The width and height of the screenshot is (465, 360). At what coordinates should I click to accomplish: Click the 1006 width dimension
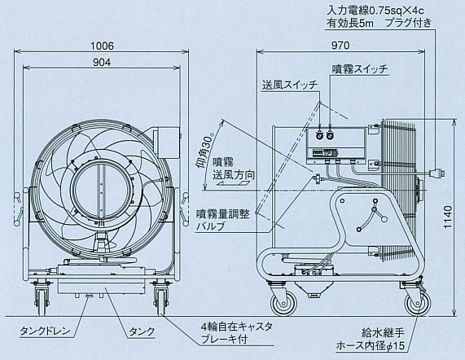coord(102,46)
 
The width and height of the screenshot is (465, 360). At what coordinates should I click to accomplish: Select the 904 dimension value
coord(102,62)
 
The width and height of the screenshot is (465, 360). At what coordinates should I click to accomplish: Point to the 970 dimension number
coord(340,46)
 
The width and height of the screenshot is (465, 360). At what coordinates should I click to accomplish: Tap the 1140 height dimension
coord(448,217)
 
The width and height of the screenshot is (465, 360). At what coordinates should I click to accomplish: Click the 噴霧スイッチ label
coord(359,69)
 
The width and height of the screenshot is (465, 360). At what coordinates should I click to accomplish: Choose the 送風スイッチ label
coord(290,85)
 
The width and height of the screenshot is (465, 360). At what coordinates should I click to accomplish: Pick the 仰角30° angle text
coord(205,151)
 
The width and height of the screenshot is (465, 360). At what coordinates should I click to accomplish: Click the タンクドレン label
coord(45,331)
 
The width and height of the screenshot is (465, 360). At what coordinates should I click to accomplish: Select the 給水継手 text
coord(383,332)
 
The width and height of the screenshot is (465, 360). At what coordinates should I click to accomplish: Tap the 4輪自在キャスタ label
coord(237,327)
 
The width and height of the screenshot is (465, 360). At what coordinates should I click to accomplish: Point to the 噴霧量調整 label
coord(223,213)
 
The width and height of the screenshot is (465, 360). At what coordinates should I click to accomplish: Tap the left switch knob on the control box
coord(319,135)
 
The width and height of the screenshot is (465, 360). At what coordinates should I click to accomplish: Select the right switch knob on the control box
coord(330,135)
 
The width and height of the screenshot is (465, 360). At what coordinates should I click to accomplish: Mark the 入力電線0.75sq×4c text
coord(375,11)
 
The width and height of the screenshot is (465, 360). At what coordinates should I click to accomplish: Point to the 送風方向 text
coord(234,175)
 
